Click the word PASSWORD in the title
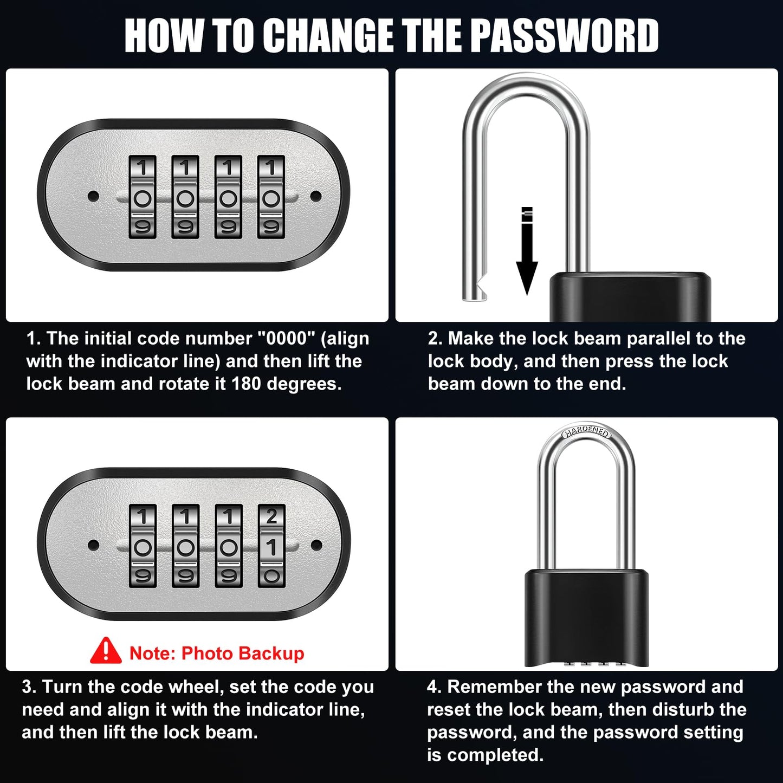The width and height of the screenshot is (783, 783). (564, 35)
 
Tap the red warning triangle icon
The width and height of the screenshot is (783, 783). (106, 651)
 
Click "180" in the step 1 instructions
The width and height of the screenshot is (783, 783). (247, 384)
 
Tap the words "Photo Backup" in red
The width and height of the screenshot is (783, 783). (243, 653)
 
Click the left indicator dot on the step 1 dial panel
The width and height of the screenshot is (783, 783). (93, 195)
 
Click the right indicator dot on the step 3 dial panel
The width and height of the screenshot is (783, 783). (317, 545)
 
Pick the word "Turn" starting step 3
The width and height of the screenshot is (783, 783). (61, 687)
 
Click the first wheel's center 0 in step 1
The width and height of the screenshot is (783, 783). (143, 198)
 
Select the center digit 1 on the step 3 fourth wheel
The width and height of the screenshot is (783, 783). (271, 547)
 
